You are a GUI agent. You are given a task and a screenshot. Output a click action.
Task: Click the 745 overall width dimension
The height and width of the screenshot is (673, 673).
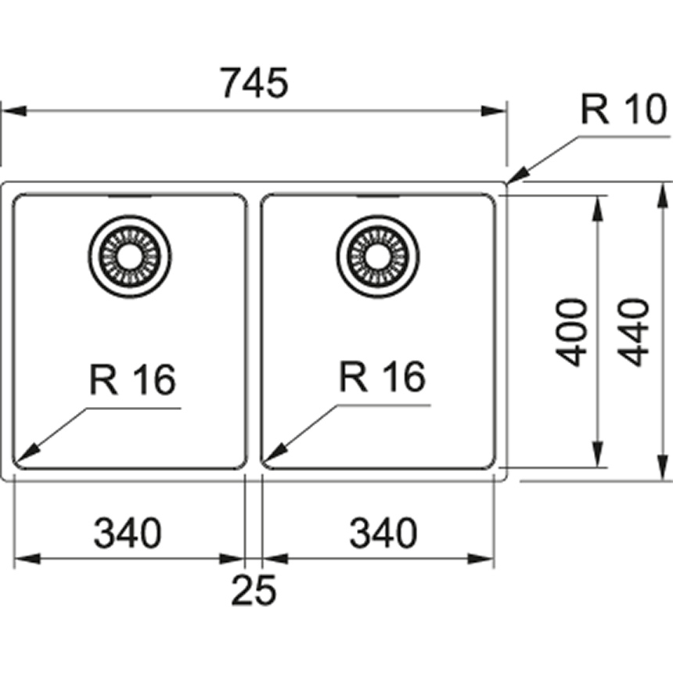(254, 84)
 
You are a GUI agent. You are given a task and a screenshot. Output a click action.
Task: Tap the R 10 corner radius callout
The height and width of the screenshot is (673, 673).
(622, 111)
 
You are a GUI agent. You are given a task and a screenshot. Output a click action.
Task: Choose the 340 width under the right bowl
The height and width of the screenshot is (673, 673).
(383, 534)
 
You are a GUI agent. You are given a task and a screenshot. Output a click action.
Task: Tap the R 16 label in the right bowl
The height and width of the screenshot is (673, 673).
(382, 379)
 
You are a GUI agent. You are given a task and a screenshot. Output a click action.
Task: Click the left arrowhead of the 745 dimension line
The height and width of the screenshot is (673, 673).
(11, 111)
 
